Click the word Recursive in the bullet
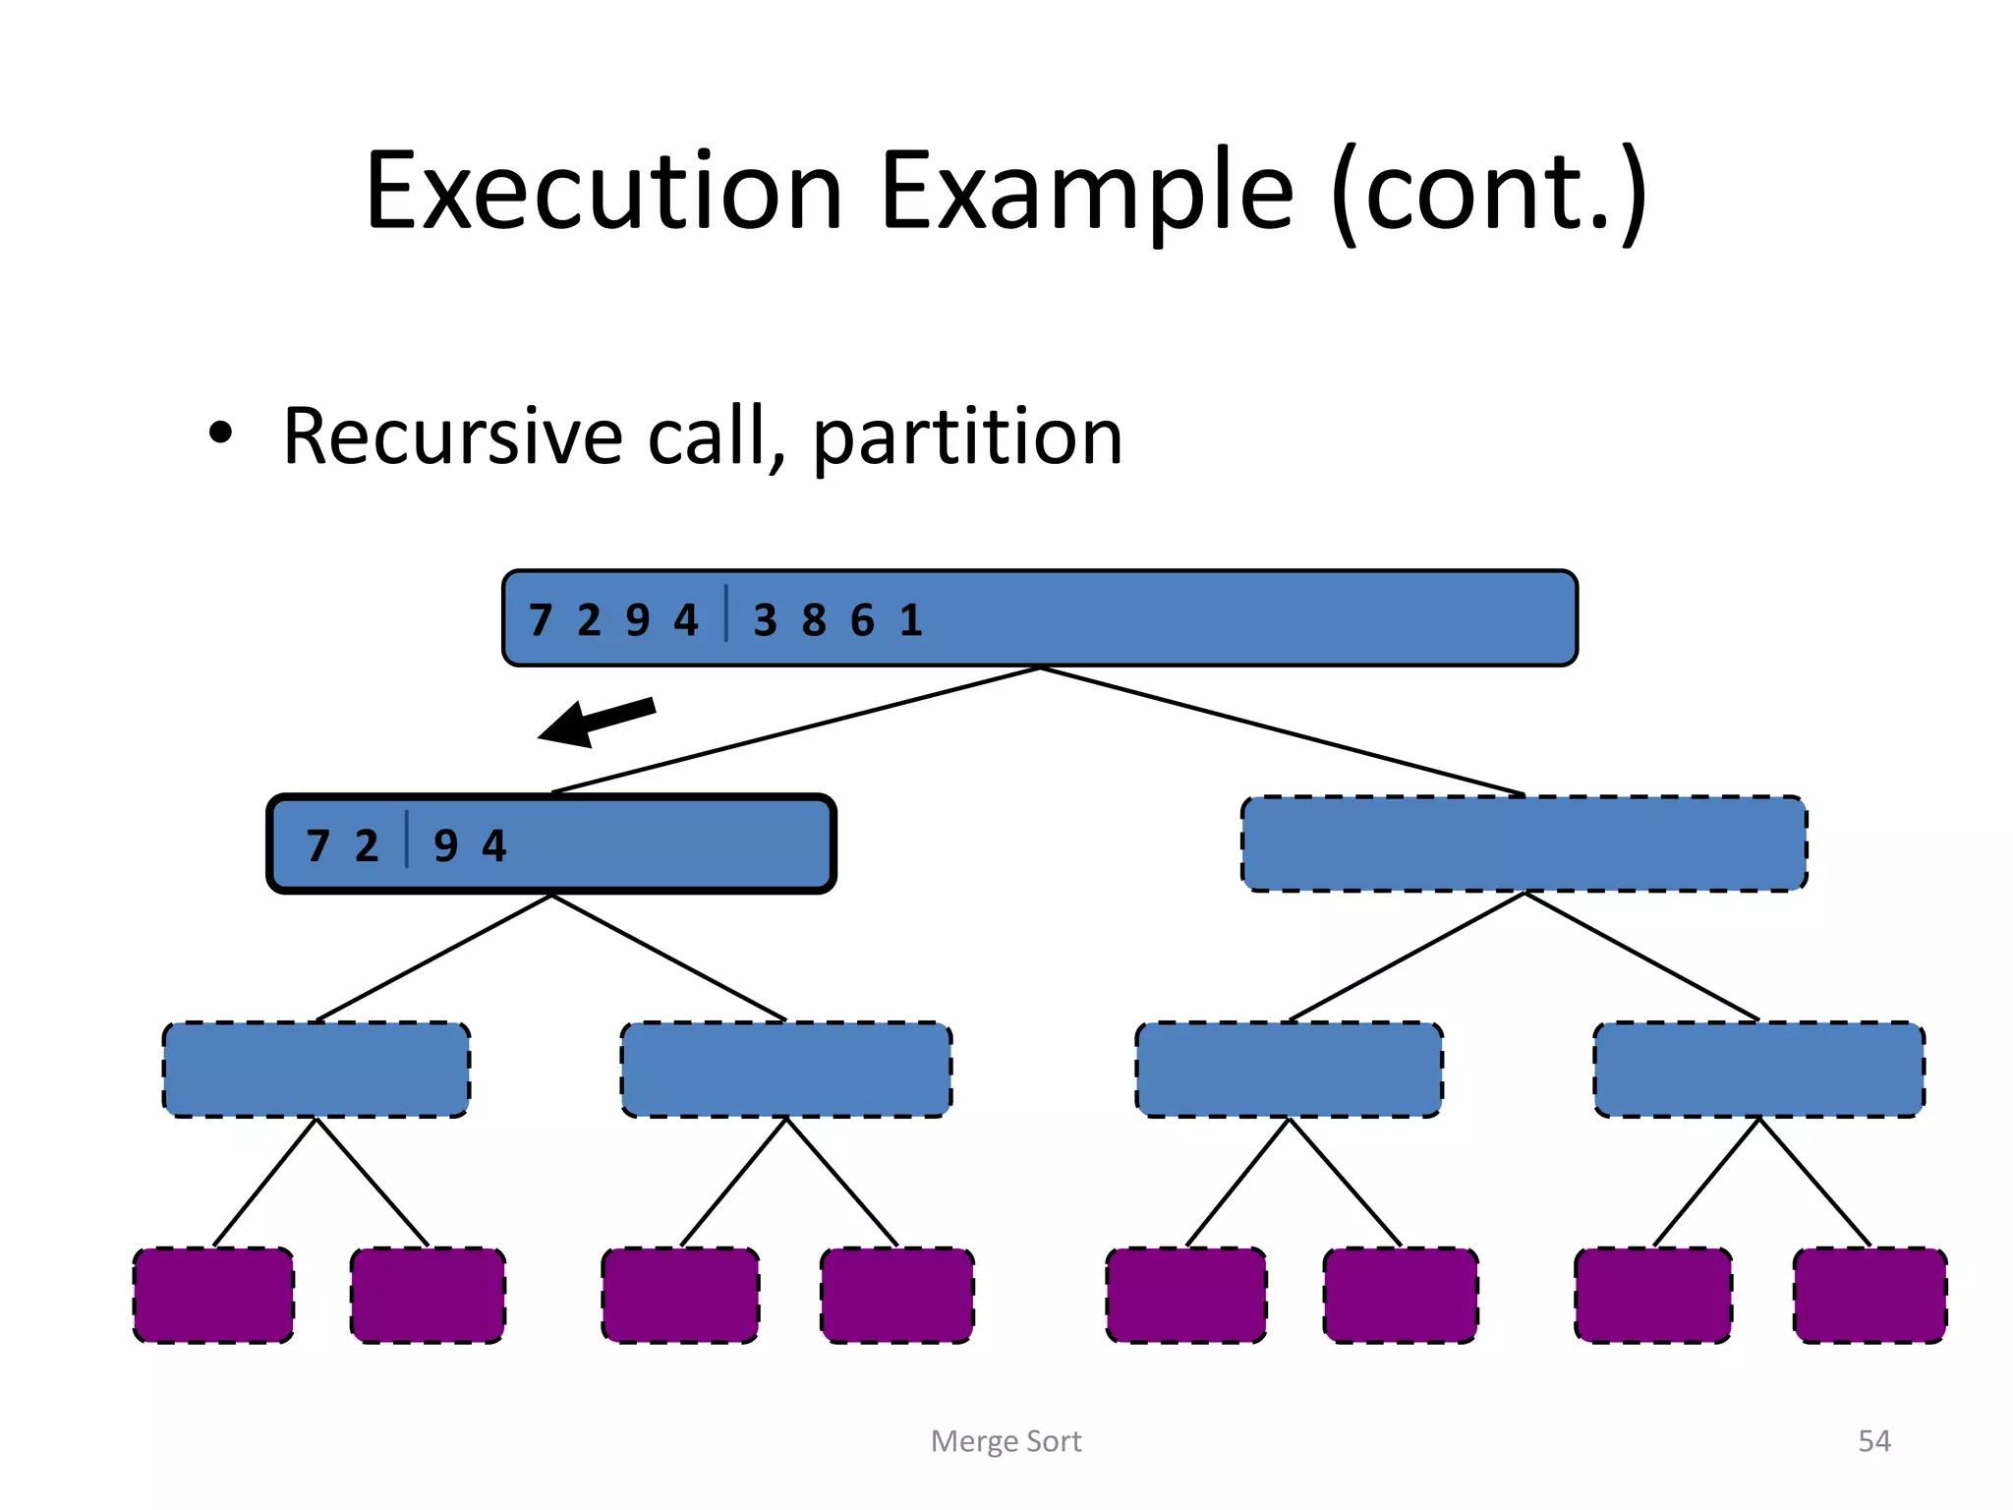coord(452,436)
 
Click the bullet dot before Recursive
coord(221,434)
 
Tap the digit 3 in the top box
coord(765,620)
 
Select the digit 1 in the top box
coord(911,620)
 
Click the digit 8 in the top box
coord(814,620)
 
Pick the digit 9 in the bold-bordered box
coord(445,846)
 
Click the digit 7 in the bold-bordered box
coord(317,846)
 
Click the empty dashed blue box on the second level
coord(1524,844)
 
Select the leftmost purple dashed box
coord(213,1296)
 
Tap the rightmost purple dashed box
coord(1869,1296)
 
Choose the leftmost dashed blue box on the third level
coord(316,1070)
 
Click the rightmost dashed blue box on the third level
coord(1758,1070)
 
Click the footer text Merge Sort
coord(1006,1441)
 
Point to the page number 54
coord(1873,1441)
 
